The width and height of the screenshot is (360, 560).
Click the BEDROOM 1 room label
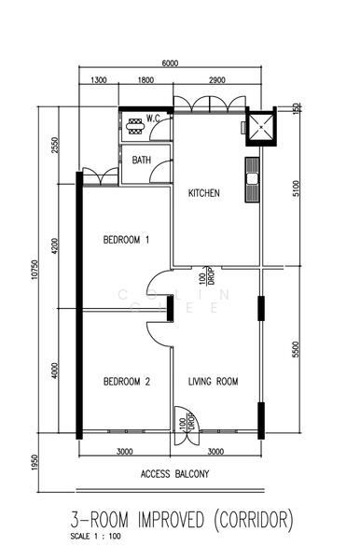pyautogui.click(x=126, y=240)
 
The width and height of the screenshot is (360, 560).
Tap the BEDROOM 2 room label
pyautogui.click(x=126, y=381)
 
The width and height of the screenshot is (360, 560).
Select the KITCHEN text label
pyautogui.click(x=204, y=193)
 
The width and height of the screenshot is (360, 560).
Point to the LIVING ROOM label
pyautogui.click(x=214, y=381)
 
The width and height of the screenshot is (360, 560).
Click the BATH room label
pyautogui.click(x=141, y=161)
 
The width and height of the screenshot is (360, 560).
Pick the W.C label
pyautogui.click(x=156, y=118)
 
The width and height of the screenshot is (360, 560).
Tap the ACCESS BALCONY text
pyautogui.click(x=174, y=474)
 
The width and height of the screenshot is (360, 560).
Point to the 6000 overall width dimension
pyautogui.click(x=170, y=63)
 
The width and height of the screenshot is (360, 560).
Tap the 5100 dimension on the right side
pyautogui.click(x=295, y=190)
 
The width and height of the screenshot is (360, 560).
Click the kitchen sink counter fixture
pyautogui.click(x=252, y=179)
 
